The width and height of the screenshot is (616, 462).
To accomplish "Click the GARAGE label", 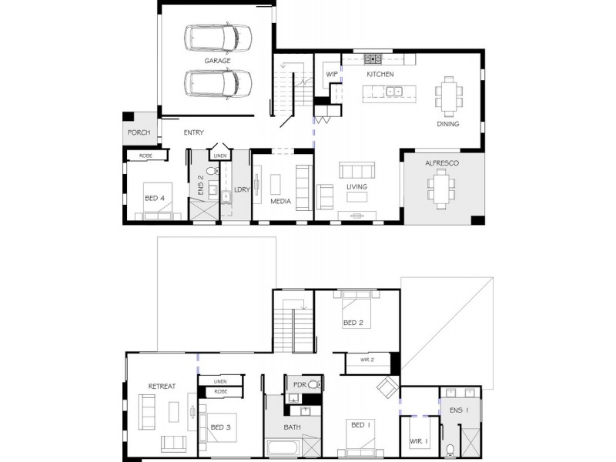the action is tap(217, 61).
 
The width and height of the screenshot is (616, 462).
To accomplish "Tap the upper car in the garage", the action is tap(218, 38).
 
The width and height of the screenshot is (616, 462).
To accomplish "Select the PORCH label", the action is tap(139, 132).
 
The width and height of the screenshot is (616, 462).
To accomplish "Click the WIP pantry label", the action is tap(332, 74).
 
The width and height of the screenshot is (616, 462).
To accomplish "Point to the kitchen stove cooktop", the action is tap(373, 59).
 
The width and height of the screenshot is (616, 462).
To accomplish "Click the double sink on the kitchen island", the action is tap(394, 92).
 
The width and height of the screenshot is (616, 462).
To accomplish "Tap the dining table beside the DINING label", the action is tap(449, 96).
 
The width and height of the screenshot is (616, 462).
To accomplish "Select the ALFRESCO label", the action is tap(441, 163).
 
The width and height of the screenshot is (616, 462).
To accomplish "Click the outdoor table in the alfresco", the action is tap(441, 189).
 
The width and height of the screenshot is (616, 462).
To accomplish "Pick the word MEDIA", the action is tap(280, 201).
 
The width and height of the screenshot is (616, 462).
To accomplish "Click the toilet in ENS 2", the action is tap(213, 170).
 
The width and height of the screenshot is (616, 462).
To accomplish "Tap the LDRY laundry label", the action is tap(242, 189).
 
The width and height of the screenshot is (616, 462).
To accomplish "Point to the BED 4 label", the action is tap(155, 198).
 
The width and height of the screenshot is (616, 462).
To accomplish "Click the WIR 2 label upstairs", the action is tap(367, 360).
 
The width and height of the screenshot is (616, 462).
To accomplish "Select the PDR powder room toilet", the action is tap(315, 384).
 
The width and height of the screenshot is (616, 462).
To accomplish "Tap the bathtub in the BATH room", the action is tap(283, 448).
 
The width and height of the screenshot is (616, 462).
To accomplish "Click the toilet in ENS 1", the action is tap(450, 450).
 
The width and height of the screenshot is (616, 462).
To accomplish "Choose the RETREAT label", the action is tap(162, 387).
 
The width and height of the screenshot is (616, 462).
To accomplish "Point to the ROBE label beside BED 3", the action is tap(220, 392).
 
